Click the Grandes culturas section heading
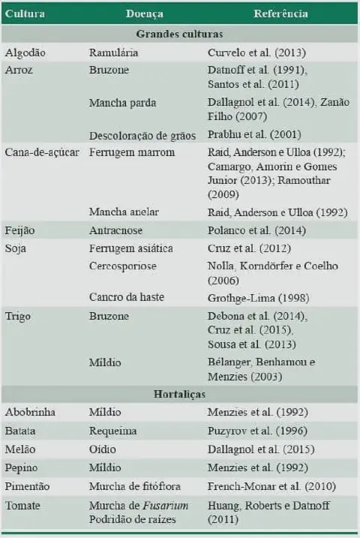[x=179, y=35]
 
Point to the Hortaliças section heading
[x=179, y=394]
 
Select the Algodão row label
[x=25, y=53]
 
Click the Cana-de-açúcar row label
[x=42, y=152]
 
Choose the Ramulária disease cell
[x=113, y=53]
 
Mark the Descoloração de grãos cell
[x=142, y=135]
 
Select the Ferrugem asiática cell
[x=130, y=247]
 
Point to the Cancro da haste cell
[x=126, y=296]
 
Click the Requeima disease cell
[x=113, y=433]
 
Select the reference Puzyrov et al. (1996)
[x=255, y=433]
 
